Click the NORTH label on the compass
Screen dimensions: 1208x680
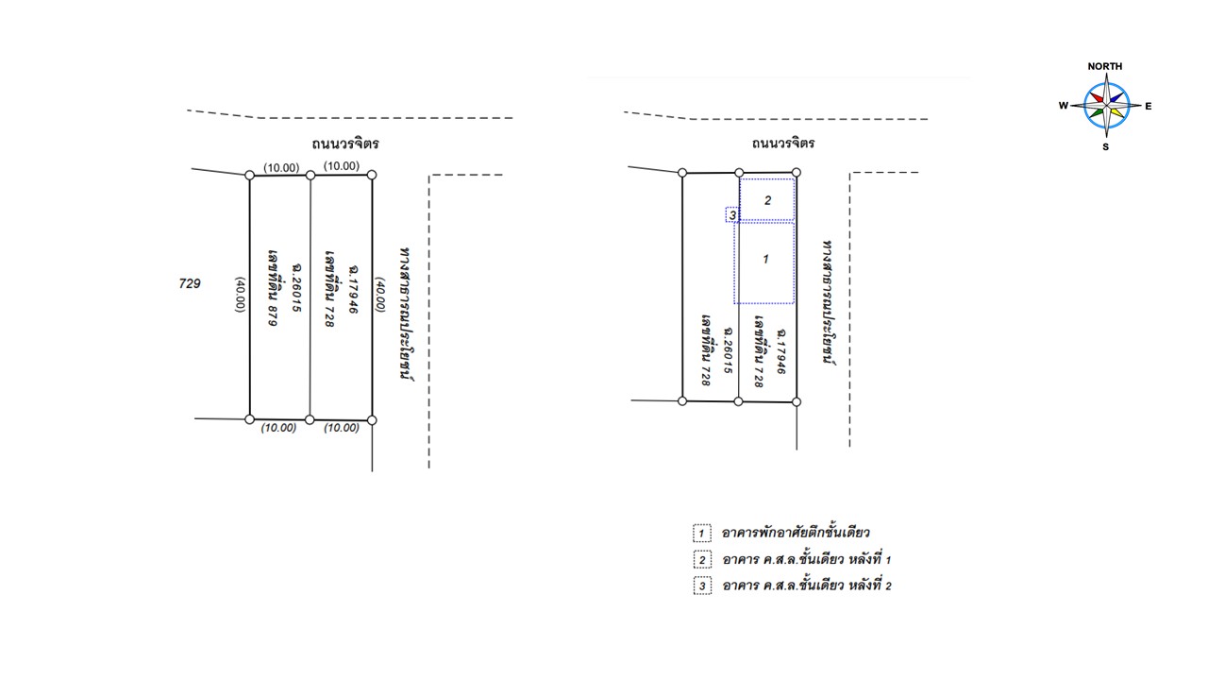click(x=1104, y=66)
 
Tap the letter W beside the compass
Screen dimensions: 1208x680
click(x=1063, y=105)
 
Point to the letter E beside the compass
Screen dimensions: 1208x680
click(x=1149, y=107)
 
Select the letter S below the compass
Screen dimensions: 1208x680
click(x=1105, y=146)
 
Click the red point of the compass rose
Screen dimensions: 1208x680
click(x=1097, y=97)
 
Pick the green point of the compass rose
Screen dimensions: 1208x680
click(x=1097, y=112)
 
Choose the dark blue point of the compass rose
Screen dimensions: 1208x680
click(x=1116, y=97)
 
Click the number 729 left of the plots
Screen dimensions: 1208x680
click(x=190, y=283)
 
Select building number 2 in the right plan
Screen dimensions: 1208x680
click(x=767, y=200)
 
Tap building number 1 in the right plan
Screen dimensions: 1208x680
click(x=764, y=263)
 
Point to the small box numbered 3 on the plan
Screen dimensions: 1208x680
click(x=732, y=214)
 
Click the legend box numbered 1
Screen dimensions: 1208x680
click(x=701, y=534)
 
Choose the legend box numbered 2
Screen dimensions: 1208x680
click(x=702, y=560)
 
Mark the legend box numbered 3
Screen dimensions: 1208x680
click(x=702, y=586)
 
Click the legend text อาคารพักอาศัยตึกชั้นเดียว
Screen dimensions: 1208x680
click(x=796, y=533)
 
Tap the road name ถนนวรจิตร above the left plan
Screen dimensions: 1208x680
click(x=345, y=144)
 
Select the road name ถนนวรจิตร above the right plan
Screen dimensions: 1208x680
click(x=783, y=143)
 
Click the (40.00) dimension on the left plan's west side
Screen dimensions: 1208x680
click(x=241, y=295)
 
